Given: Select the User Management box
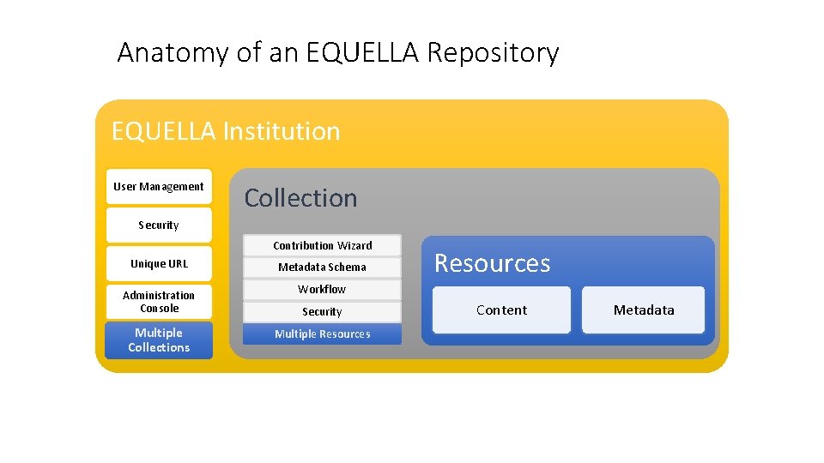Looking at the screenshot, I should pyautogui.click(x=159, y=186).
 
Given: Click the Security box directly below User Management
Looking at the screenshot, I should pyautogui.click(x=159, y=225).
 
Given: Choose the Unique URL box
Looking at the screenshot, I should pyautogui.click(x=159, y=263).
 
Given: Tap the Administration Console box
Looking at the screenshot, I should pyautogui.click(x=159, y=301).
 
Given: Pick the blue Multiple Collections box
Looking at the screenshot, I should pyautogui.click(x=159, y=340).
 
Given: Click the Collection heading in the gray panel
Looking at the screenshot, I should pyautogui.click(x=300, y=198).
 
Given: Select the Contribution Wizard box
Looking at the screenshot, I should pyautogui.click(x=322, y=245).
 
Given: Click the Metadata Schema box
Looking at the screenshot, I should pyautogui.click(x=322, y=267).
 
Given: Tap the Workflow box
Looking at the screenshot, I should pyautogui.click(x=322, y=289).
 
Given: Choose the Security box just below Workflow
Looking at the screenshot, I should pyautogui.click(x=322, y=312).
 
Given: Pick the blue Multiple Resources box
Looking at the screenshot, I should pyautogui.click(x=322, y=334).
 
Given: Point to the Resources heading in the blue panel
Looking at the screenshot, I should pyautogui.click(x=492, y=263).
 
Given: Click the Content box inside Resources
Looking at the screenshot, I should pyautogui.click(x=501, y=310).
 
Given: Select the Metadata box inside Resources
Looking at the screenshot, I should pyautogui.click(x=643, y=310).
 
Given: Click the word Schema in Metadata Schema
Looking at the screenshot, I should pyautogui.click(x=348, y=267).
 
